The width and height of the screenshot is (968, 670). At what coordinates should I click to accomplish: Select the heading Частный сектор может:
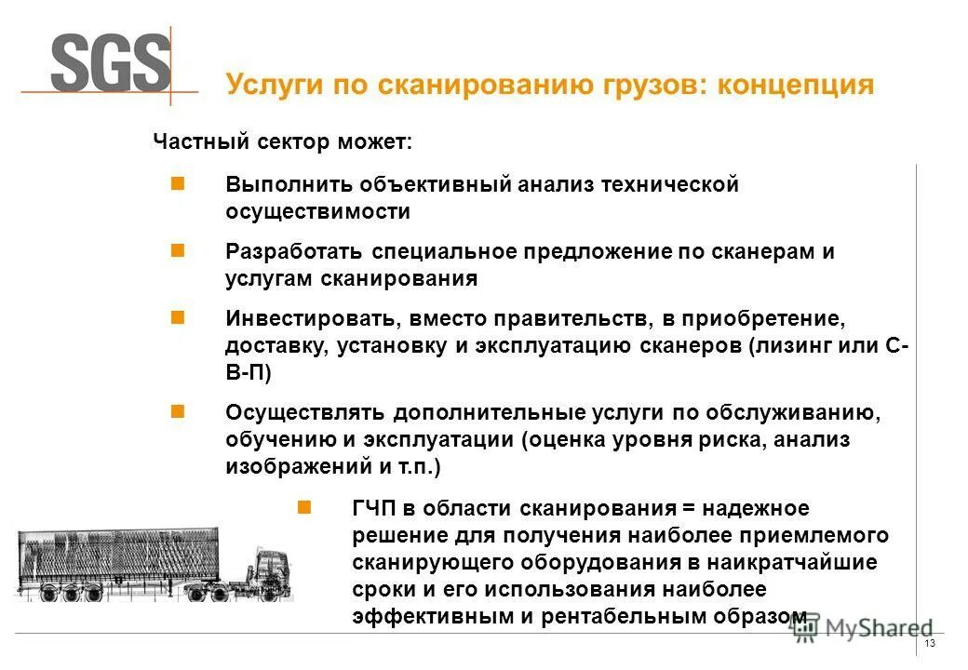pyautogui.click(x=282, y=142)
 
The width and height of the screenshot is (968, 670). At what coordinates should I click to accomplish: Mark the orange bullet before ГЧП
pyautogui.click(x=302, y=507)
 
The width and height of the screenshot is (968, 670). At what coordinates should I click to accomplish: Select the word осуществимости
pyautogui.click(x=317, y=211)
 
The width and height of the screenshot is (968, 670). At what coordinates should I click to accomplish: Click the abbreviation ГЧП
pyautogui.click(x=374, y=508)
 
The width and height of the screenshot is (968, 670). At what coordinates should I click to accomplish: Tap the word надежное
pyautogui.click(x=756, y=508)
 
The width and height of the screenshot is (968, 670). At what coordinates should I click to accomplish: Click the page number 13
pyautogui.click(x=929, y=647)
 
